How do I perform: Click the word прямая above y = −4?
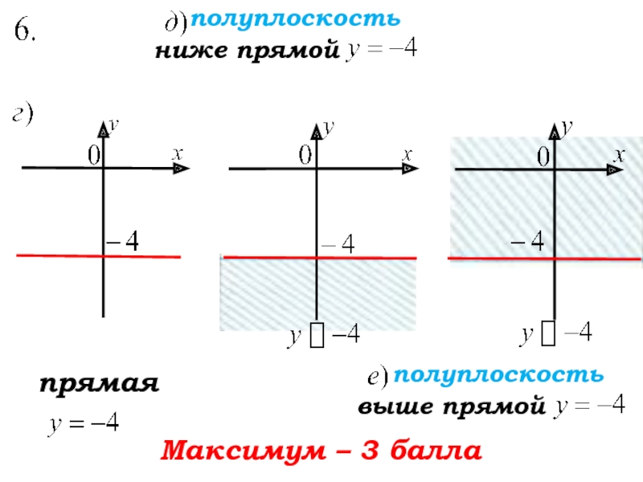(x=99, y=385)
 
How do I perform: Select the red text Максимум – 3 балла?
(x=321, y=451)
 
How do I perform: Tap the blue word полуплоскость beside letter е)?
(x=498, y=374)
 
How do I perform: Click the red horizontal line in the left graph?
(x=56, y=255)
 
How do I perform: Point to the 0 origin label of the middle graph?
(x=305, y=154)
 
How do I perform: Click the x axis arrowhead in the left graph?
(x=182, y=168)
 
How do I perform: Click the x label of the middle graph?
(x=408, y=153)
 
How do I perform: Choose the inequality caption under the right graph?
(x=555, y=333)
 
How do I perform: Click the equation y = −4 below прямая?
(x=84, y=423)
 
